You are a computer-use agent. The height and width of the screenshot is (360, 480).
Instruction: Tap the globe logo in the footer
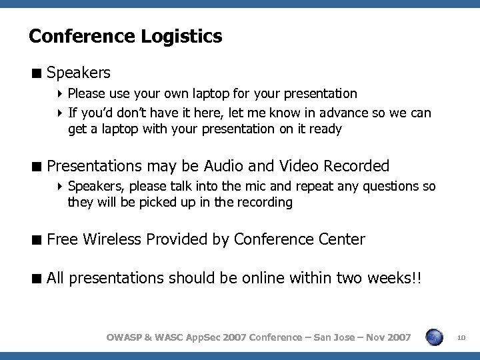(x=435, y=337)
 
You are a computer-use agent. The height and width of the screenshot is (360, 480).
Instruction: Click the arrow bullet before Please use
(x=61, y=94)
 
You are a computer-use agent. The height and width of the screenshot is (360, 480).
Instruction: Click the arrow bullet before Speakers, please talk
(x=61, y=187)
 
